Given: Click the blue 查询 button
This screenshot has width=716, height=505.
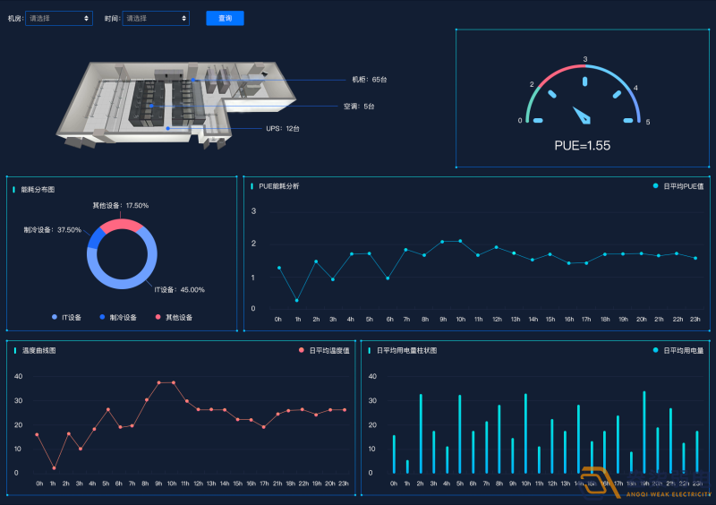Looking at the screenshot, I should click(x=225, y=18).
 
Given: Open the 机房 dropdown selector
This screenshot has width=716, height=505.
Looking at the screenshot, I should click(x=59, y=18).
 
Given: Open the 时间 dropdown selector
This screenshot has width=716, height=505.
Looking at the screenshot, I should click(x=156, y=18).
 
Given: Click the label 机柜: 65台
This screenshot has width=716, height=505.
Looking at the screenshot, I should click(x=369, y=80).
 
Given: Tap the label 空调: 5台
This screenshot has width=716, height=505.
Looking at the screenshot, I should click(x=359, y=106).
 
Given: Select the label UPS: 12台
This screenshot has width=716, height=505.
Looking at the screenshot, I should click(x=283, y=129).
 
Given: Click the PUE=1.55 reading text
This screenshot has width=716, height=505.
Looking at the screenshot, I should click(x=582, y=145).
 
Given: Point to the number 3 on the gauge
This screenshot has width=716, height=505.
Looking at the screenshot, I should click(x=585, y=60).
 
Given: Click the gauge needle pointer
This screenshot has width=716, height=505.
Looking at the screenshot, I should click(x=583, y=115).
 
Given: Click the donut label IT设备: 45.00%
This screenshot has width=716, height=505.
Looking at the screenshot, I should click(x=180, y=289).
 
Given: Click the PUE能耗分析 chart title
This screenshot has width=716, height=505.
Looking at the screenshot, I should click(x=279, y=186).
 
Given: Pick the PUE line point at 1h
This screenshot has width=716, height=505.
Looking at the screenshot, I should click(x=297, y=300).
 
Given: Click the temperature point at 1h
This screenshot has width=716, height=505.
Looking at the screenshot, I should click(x=54, y=468).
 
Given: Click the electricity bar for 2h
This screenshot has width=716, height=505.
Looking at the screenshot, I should click(x=421, y=434).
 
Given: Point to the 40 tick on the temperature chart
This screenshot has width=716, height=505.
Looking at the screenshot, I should click(x=18, y=376).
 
